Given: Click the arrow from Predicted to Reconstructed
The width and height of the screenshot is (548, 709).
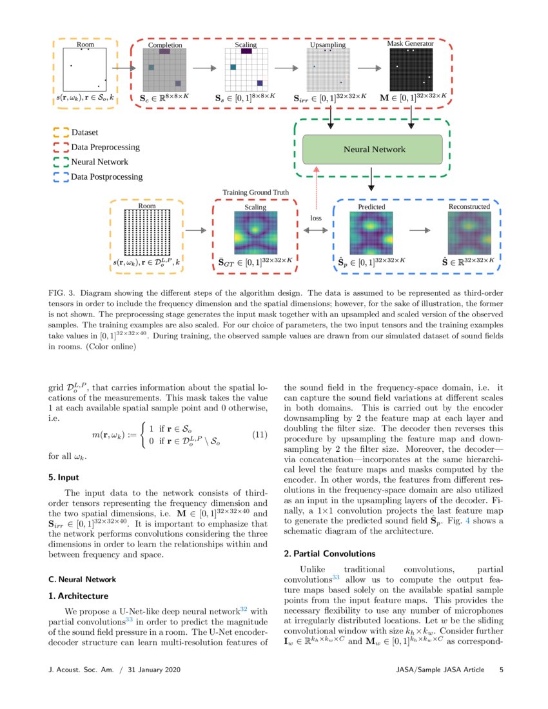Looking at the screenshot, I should pyautogui.click(x=422, y=230).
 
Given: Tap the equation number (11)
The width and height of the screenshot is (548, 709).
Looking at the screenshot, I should pyautogui.click(x=258, y=435).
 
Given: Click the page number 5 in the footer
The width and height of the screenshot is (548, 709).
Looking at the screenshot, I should pyautogui.click(x=501, y=670).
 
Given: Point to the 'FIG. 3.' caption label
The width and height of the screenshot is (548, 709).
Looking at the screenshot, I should pyautogui.click(x=61, y=291).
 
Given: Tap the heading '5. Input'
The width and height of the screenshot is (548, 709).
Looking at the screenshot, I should pyautogui.click(x=64, y=478).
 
